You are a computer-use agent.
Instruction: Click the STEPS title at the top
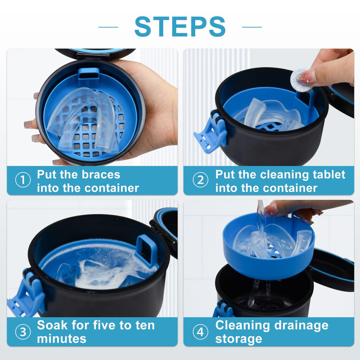(180, 27)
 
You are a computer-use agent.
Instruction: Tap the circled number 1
(22, 180)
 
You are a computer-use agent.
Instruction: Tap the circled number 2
(200, 180)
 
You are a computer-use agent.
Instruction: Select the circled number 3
(22, 332)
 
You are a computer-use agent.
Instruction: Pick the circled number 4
(200, 332)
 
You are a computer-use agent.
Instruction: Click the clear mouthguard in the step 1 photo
(83, 117)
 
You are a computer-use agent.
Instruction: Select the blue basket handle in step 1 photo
(88, 76)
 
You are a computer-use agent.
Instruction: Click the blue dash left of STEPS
(108, 27)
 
